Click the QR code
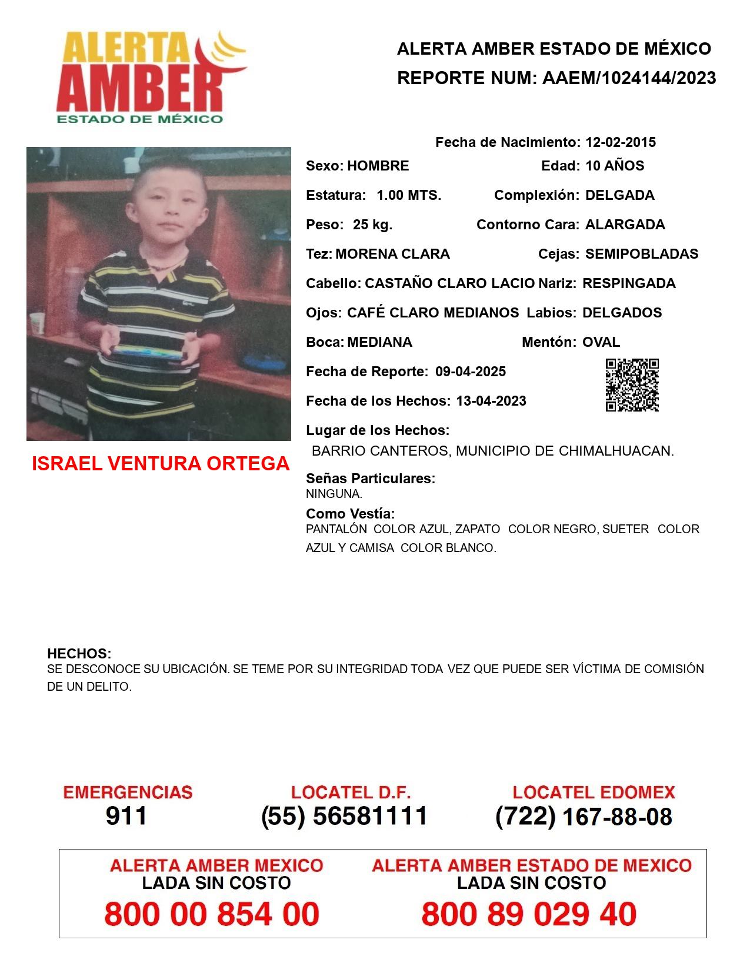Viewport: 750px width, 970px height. click(x=632, y=385)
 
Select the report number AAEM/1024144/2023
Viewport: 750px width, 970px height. click(x=629, y=78)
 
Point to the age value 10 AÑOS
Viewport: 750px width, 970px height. click(x=615, y=166)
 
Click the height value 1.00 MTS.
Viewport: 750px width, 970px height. click(x=409, y=195)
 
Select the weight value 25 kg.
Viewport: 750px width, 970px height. click(x=372, y=225)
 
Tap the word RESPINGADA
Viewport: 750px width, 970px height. click(x=629, y=283)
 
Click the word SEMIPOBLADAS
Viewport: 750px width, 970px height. click(x=642, y=254)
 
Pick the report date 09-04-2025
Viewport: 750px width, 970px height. click(x=471, y=372)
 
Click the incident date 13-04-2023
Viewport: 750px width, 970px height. click(x=491, y=401)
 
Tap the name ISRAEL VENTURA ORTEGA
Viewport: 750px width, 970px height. click(x=161, y=464)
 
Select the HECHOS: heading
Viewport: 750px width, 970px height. click(x=79, y=654)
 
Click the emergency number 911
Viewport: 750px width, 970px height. click(x=126, y=816)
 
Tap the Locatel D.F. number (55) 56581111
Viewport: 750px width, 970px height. click(x=345, y=816)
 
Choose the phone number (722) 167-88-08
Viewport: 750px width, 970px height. click(x=584, y=817)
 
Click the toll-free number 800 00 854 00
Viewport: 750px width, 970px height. click(x=212, y=915)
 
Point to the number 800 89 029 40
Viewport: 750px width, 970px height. click(x=529, y=915)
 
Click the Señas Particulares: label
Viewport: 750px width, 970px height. click(x=371, y=479)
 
